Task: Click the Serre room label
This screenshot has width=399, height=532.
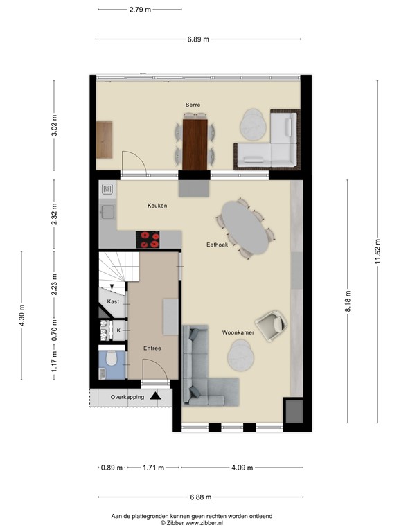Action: coord(193,105)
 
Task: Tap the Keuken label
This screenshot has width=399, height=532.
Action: coord(157,206)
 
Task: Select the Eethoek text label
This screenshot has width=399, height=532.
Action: coord(218,245)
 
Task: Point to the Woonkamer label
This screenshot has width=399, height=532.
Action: coord(238,333)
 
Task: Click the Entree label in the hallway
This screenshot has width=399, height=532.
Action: coord(152,348)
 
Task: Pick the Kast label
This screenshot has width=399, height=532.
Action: coord(113,302)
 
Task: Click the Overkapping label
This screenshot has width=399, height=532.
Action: coord(118,397)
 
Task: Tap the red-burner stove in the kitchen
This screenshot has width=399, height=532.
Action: coord(148,240)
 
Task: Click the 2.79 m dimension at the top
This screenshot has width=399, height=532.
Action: coord(141,10)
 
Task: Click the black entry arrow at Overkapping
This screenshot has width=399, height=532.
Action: coord(156,396)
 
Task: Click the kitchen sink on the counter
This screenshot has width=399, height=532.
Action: coord(107,212)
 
